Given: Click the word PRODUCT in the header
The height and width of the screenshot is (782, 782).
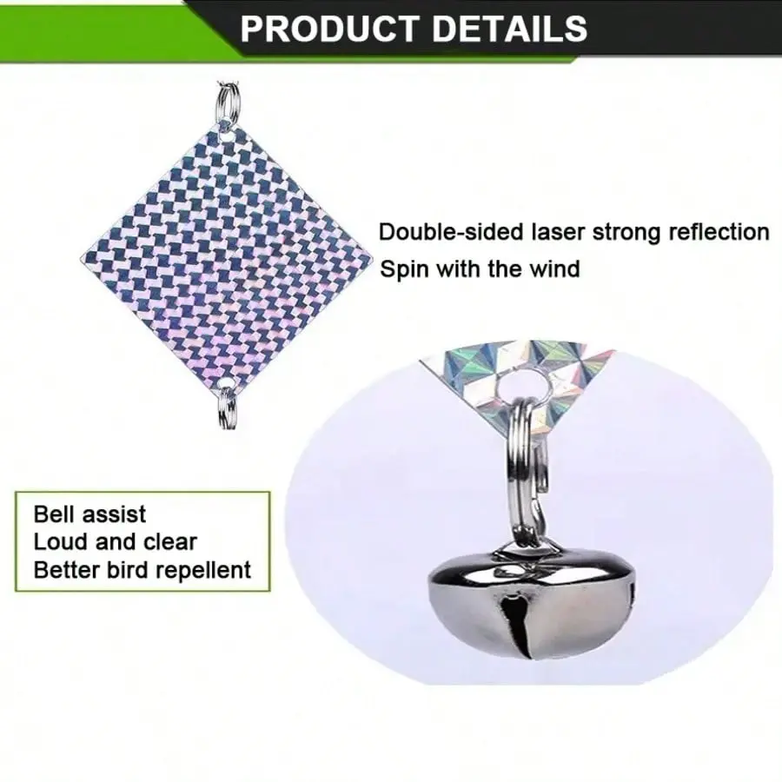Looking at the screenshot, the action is [328, 29].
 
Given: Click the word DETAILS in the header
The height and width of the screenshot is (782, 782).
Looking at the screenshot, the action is [509, 29].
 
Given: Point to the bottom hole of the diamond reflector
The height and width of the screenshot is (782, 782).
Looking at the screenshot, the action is [228, 383].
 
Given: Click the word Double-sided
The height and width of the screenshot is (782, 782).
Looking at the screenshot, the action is [451, 232].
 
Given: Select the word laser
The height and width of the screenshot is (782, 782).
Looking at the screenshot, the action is [557, 232].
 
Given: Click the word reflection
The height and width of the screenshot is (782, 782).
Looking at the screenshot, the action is [719, 232].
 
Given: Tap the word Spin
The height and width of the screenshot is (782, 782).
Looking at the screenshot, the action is [404, 270].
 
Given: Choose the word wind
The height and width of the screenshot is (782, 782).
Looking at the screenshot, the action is [554, 269].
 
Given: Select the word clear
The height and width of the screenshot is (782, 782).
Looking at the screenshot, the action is [170, 542].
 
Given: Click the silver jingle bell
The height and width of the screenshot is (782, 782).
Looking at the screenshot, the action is [532, 602].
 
